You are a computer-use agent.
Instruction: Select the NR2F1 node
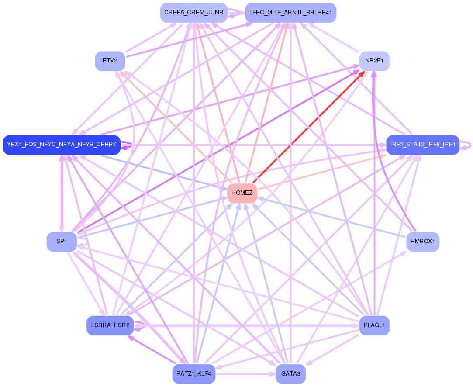click(x=374, y=61)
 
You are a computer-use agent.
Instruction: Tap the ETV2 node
click(x=110, y=61)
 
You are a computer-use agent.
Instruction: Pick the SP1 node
click(x=62, y=242)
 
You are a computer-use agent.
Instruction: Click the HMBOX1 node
click(x=422, y=242)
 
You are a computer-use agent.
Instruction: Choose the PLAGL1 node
click(x=374, y=326)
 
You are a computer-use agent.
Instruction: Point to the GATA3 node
click(x=290, y=374)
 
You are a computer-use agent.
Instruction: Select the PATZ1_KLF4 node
click(x=193, y=374)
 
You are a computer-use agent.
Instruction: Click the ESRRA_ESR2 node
click(x=110, y=326)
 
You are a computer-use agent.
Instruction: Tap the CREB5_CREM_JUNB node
click(x=193, y=13)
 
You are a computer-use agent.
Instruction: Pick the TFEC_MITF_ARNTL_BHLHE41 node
click(x=290, y=13)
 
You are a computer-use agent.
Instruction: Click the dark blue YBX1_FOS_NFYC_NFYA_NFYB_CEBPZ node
click(x=62, y=145)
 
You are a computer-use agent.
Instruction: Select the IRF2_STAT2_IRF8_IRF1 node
click(x=422, y=145)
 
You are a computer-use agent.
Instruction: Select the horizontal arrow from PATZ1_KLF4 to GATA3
click(x=245, y=374)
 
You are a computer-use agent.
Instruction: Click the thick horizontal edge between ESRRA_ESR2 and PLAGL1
click(x=245, y=326)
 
